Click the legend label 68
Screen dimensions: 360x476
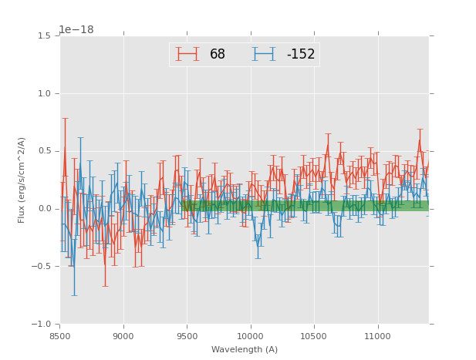[x=218, y=54]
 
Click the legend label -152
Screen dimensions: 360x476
[x=300, y=54]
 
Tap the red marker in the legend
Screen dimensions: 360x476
[x=187, y=54]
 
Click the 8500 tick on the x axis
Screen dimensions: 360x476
[x=60, y=336]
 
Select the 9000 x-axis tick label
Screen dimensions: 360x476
[x=123, y=336]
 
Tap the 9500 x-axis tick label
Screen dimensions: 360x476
[x=187, y=336]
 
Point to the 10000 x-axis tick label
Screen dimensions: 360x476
[x=251, y=336]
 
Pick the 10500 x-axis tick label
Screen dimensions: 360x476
[x=314, y=336]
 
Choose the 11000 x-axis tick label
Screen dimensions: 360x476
[x=378, y=336]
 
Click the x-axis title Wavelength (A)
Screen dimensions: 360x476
[x=245, y=350]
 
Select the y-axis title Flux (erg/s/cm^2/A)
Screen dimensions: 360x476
[x=22, y=180]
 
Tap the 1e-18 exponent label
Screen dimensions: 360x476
[x=76, y=30]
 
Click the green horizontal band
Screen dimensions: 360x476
[x=309, y=206]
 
